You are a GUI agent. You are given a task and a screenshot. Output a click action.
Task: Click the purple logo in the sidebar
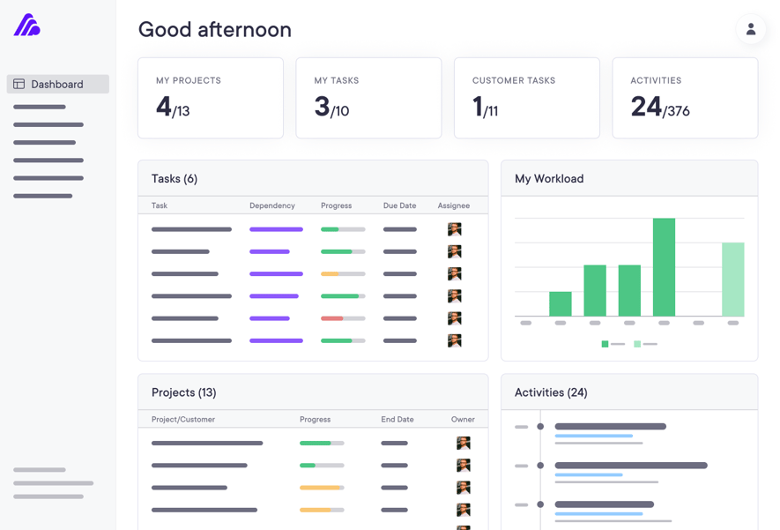(x=26, y=25)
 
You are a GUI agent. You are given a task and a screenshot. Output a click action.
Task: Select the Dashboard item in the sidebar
(x=57, y=84)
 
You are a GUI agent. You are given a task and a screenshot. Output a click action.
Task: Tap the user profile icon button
(x=750, y=29)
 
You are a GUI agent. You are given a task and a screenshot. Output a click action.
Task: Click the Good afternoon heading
(x=214, y=29)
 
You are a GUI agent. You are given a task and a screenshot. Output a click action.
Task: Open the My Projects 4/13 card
(x=210, y=98)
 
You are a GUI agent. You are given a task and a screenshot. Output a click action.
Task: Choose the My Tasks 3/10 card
(x=368, y=98)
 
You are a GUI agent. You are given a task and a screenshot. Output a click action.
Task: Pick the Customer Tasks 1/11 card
(x=526, y=98)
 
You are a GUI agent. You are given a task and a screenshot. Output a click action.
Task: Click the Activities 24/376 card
(x=685, y=98)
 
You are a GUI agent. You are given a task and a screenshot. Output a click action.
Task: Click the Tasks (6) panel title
(x=175, y=179)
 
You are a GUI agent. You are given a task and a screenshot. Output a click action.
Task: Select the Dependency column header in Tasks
(x=271, y=205)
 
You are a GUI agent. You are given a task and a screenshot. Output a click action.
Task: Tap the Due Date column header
(x=399, y=205)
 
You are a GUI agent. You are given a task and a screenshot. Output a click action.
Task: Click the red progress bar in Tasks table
(x=332, y=318)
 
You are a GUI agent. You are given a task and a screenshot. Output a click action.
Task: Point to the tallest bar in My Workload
(x=664, y=267)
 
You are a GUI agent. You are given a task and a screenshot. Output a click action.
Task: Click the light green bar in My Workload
(x=732, y=280)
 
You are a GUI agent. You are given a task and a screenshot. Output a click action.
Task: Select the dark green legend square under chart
(x=605, y=344)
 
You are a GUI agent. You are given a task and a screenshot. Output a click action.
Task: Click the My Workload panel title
(x=549, y=179)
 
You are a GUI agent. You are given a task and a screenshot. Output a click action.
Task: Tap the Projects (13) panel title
(x=183, y=392)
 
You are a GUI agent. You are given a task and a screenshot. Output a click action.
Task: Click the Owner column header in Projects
(x=463, y=420)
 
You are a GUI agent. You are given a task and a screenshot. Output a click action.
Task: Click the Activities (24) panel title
(x=551, y=392)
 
